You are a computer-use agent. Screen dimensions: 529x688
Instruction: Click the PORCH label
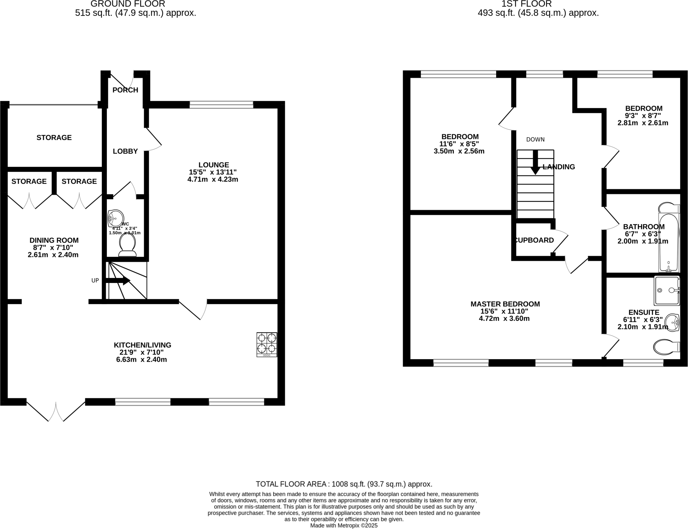125,90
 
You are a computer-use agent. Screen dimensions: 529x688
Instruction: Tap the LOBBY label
125,151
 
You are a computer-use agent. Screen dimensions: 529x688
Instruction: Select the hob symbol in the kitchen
267,344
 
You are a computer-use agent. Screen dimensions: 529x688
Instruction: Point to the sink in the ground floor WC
115,218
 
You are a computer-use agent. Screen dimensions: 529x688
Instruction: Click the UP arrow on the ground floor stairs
118,281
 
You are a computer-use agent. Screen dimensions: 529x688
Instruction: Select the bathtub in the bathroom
669,242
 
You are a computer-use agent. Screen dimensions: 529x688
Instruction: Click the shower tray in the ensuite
667,290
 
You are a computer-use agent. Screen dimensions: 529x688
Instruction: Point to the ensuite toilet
666,347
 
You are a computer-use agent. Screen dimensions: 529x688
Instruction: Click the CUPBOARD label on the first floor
534,240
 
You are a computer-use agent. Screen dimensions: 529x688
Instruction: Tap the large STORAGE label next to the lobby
54,138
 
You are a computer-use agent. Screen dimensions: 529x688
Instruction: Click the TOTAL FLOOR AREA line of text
344,484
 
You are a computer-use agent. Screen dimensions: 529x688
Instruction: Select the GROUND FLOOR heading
128,4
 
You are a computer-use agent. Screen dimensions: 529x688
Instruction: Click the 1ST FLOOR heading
526,4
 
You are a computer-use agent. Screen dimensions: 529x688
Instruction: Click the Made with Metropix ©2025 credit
344,525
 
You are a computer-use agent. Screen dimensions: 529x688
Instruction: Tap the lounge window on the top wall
221,105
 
